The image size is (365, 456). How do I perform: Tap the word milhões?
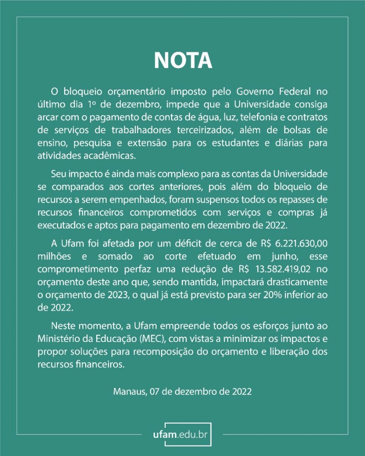coord(54,256)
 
